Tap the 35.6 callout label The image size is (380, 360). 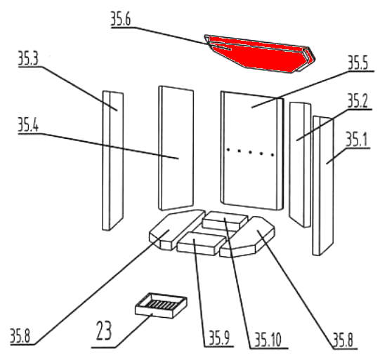pyautogui.click(x=121, y=19)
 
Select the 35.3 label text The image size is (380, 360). pyautogui.click(x=28, y=58)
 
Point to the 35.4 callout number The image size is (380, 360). pyautogui.click(x=28, y=125)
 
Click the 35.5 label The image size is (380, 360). pyautogui.click(x=358, y=62)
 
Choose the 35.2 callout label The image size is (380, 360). pyautogui.click(x=358, y=101)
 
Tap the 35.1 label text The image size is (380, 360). pyautogui.click(x=356, y=140)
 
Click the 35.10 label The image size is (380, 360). pyautogui.click(x=268, y=340)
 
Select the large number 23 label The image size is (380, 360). pyautogui.click(x=104, y=331)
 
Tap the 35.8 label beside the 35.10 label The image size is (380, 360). pyautogui.click(x=343, y=340)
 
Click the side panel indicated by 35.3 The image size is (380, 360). pyautogui.click(x=113, y=161)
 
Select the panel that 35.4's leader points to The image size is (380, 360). pyautogui.click(x=176, y=148)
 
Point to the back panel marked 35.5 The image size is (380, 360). pyautogui.click(x=251, y=151)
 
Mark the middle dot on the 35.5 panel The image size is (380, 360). pyautogui.click(x=250, y=152)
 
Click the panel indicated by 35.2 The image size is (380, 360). pyautogui.click(x=300, y=165)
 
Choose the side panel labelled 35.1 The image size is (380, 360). pyautogui.click(x=323, y=186)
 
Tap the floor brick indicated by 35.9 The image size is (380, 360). pyautogui.click(x=201, y=244)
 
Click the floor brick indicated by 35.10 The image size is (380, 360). pyautogui.click(x=225, y=220)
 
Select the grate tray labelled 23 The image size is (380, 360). pyautogui.click(x=161, y=305)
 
